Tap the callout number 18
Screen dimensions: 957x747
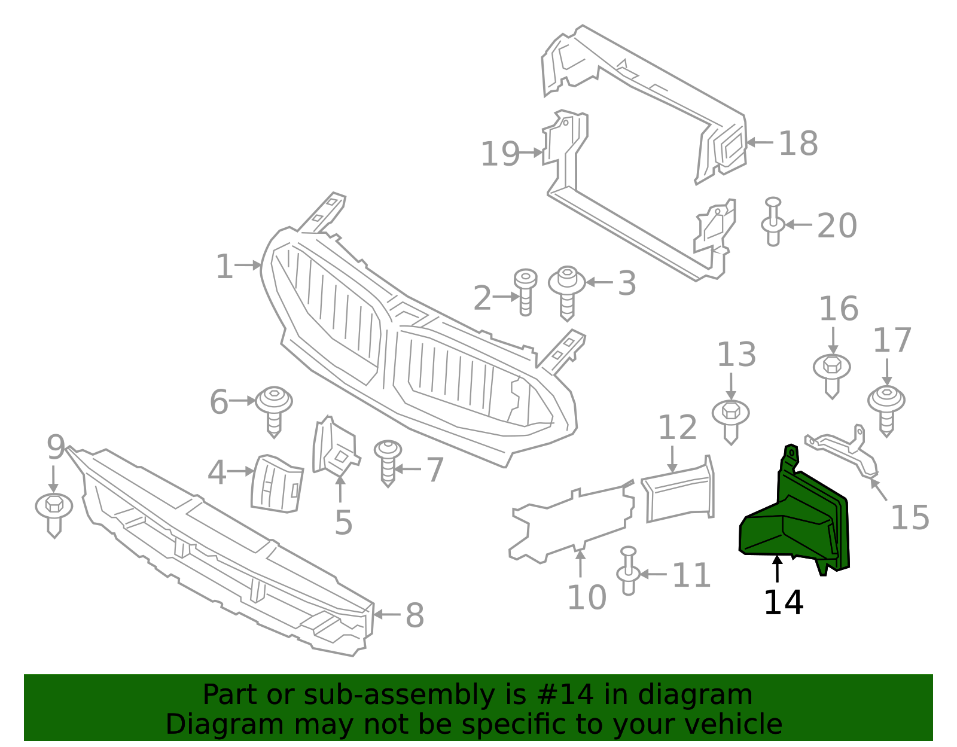click(x=798, y=144)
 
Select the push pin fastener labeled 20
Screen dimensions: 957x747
click(x=773, y=221)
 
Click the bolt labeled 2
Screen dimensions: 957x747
click(x=525, y=292)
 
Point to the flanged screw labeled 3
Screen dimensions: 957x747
click(x=567, y=293)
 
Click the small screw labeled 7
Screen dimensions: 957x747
click(x=388, y=464)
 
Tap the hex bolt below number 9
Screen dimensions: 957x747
click(x=54, y=516)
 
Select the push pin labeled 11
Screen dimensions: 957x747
click(x=628, y=571)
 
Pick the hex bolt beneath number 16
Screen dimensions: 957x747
click(x=832, y=377)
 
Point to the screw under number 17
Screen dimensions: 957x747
click(x=886, y=411)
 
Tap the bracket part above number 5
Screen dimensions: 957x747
click(x=335, y=446)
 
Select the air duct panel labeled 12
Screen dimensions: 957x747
click(x=678, y=489)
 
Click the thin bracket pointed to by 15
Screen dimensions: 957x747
click(x=841, y=451)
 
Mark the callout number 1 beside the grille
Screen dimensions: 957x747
click(x=224, y=266)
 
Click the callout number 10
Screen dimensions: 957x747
click(x=587, y=597)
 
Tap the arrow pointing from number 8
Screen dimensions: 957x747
click(x=386, y=614)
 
